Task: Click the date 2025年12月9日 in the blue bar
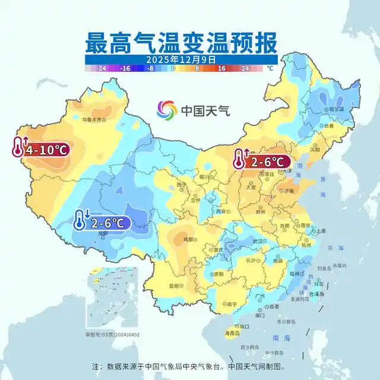pos(179,59)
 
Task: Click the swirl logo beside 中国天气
pos(167,110)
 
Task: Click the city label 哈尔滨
pos(336,109)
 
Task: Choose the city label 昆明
pos(173,286)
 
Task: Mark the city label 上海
pos(321,231)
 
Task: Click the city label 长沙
pos(250,260)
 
